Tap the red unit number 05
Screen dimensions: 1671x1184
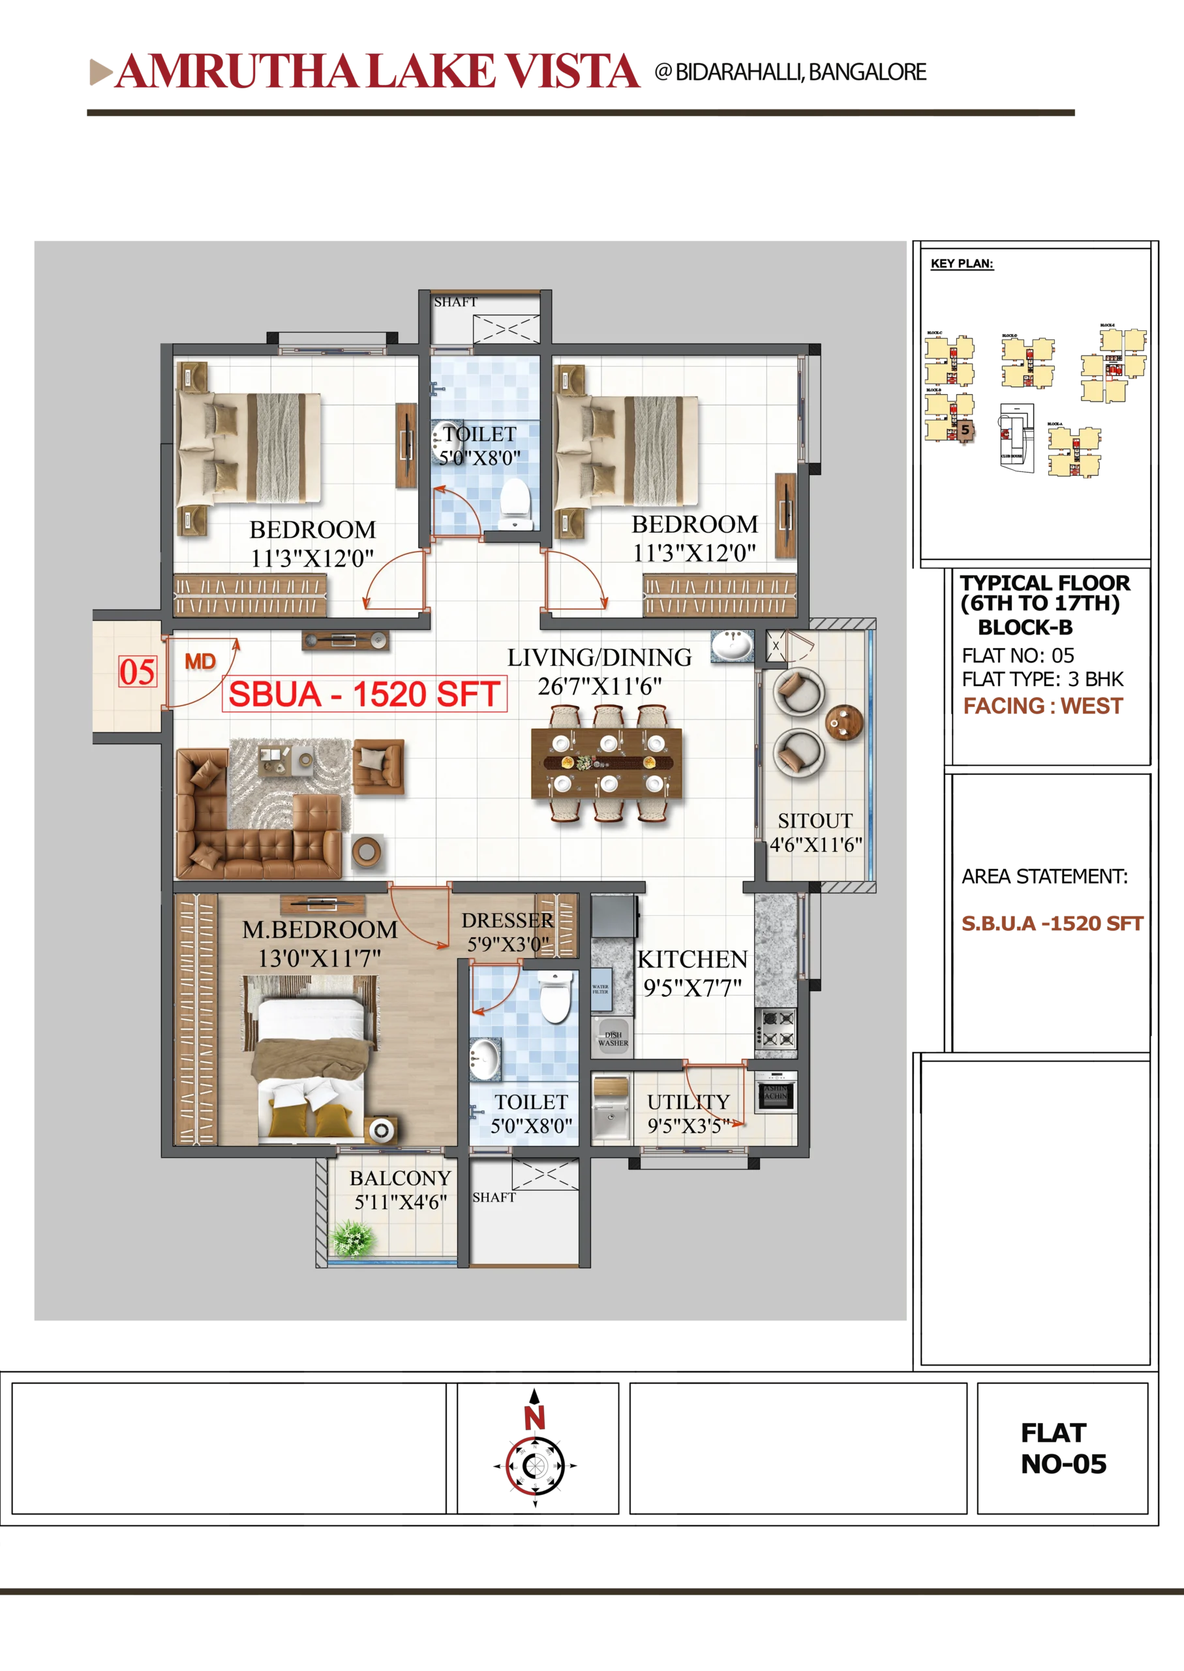click(137, 672)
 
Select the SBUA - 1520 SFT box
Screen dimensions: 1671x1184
click(364, 694)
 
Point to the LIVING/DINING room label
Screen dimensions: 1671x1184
click(600, 658)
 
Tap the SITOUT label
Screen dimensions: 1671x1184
click(814, 821)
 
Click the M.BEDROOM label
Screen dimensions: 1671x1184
click(320, 930)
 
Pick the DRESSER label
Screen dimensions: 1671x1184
click(508, 920)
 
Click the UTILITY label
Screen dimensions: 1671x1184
click(688, 1101)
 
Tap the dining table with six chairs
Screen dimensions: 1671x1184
click(607, 764)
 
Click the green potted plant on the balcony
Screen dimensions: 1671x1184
click(353, 1238)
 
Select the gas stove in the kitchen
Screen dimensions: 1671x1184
click(775, 1029)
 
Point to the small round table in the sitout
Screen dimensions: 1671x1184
click(843, 723)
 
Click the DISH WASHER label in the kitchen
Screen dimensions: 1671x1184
click(613, 1039)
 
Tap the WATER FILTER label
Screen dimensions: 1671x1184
click(600, 989)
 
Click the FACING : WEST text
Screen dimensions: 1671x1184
click(1042, 706)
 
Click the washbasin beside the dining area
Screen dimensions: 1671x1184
click(731, 646)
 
